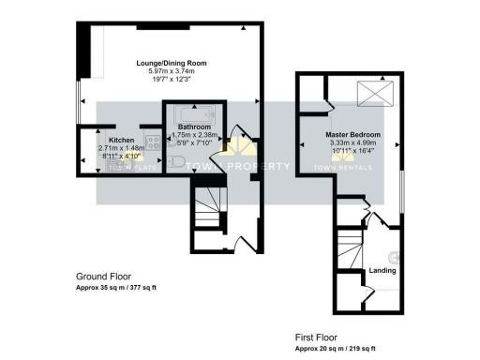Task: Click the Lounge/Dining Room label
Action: click(x=171, y=63)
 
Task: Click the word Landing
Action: click(x=382, y=271)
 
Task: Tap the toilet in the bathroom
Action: click(x=179, y=161)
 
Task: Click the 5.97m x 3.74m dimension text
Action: click(x=171, y=71)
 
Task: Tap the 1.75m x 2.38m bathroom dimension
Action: click(x=196, y=135)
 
